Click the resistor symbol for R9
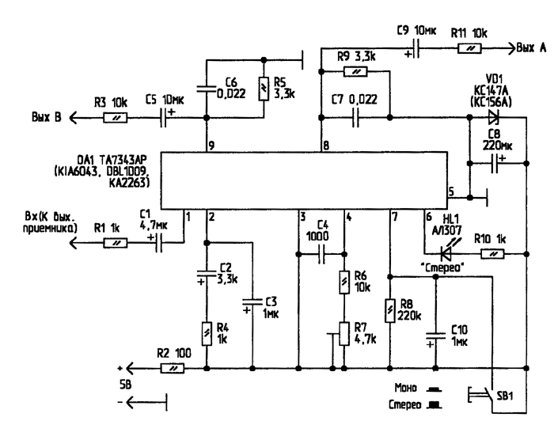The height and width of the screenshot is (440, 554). coord(355,71)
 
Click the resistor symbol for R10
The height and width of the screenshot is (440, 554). coord(492,254)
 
